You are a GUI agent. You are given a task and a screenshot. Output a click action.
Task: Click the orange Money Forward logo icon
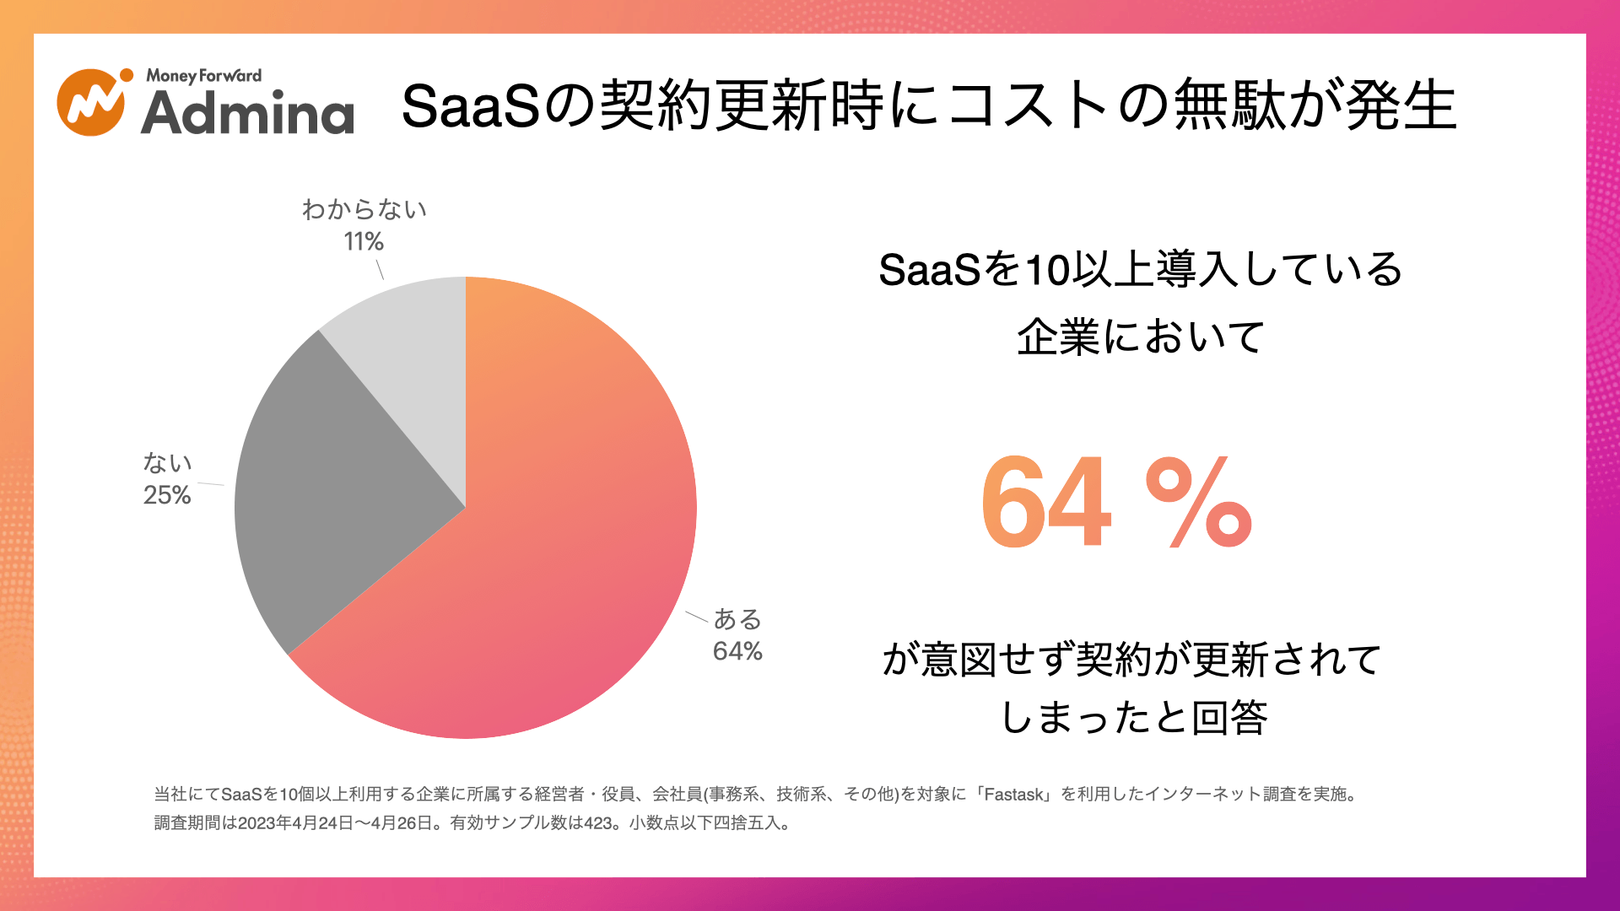(x=91, y=103)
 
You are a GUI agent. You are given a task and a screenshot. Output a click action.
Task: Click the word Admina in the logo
(x=247, y=113)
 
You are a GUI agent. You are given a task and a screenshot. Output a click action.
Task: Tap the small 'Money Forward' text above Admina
(x=203, y=76)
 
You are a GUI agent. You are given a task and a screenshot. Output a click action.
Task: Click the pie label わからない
(x=364, y=209)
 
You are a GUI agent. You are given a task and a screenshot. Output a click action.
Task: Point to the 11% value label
(x=364, y=242)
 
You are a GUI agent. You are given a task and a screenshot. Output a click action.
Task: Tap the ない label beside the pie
(x=167, y=463)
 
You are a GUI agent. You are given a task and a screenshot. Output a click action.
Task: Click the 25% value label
(x=167, y=495)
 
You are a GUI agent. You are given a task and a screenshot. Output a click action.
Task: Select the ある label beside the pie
(x=737, y=619)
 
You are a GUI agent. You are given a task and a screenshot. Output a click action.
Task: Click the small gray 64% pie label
(x=737, y=651)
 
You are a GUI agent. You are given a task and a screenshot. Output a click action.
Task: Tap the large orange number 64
(x=1046, y=502)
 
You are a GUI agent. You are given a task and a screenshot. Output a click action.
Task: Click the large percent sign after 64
(x=1198, y=504)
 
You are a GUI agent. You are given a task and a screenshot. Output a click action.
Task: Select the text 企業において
(x=1141, y=337)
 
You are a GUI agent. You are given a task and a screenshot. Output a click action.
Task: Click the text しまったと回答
(x=1134, y=718)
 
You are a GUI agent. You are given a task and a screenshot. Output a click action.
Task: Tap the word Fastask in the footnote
(x=1013, y=795)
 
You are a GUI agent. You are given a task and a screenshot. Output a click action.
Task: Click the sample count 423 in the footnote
(x=598, y=823)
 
